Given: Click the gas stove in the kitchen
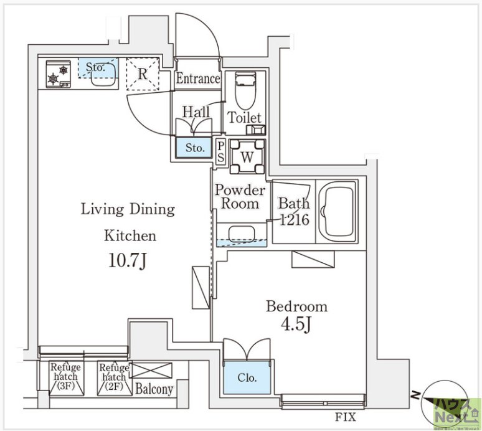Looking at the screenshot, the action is (x=58, y=74).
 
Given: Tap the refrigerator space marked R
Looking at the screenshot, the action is (x=143, y=73).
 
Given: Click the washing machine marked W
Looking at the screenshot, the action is (x=247, y=157).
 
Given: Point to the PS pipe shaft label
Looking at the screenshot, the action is (x=220, y=151).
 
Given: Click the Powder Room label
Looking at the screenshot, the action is (x=240, y=197).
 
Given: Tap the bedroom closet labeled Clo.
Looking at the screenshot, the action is (x=247, y=377).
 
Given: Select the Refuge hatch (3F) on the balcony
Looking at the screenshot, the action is (x=66, y=378).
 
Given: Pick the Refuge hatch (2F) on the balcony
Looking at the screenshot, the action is (x=114, y=378).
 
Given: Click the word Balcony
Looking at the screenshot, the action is (x=154, y=389).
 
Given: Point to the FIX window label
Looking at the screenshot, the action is (x=345, y=417).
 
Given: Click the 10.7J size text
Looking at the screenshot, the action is (x=127, y=262).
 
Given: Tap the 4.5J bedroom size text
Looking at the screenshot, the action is (x=296, y=324).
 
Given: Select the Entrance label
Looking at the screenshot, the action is (x=198, y=78).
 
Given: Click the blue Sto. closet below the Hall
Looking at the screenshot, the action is (x=194, y=148).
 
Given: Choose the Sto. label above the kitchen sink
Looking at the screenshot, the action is (x=95, y=67).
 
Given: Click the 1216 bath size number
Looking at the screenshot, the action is (x=294, y=219).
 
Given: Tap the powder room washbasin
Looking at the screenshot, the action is (x=242, y=234).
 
